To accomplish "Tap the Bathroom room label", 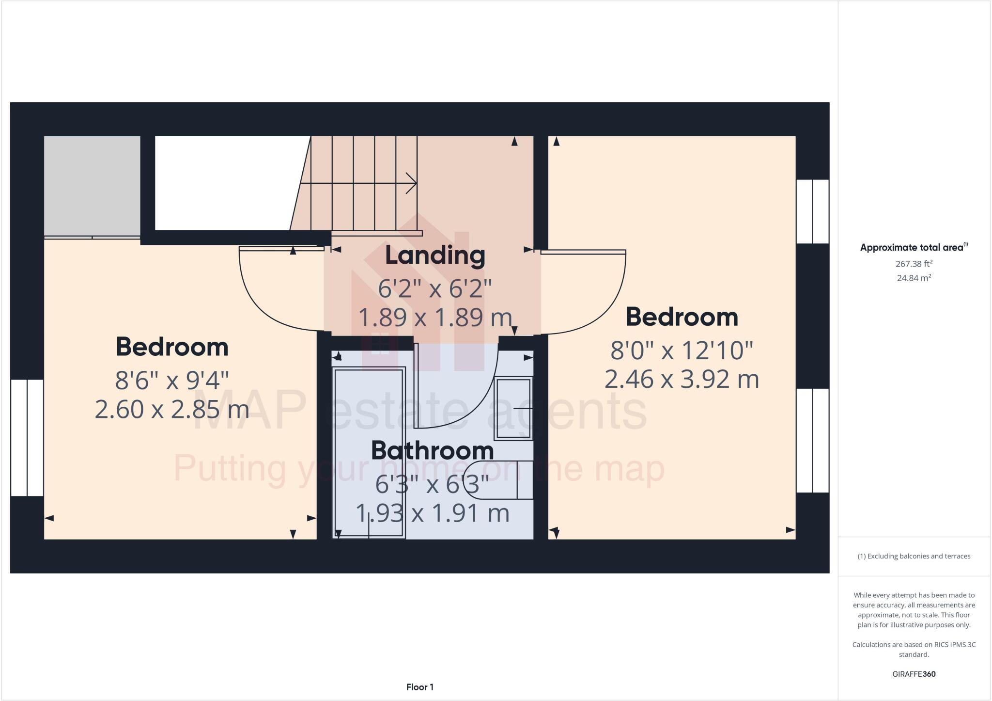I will pyautogui.click(x=432, y=451).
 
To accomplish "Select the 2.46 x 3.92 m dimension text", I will pyautogui.click(x=682, y=379).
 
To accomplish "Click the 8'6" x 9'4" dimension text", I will pyautogui.click(x=172, y=380).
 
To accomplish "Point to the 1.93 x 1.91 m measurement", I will pyautogui.click(x=432, y=513).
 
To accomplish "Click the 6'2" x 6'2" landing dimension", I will pyautogui.click(x=434, y=288).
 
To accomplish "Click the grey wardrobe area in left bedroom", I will pyautogui.click(x=92, y=186).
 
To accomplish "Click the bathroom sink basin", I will pyautogui.click(x=513, y=408).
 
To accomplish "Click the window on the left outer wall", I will pyautogui.click(x=27, y=438).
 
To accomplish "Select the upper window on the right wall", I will pyautogui.click(x=813, y=211).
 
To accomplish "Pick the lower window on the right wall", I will pyautogui.click(x=813, y=440).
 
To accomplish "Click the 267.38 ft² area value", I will pyautogui.click(x=914, y=264).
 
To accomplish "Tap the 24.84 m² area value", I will pyautogui.click(x=914, y=278).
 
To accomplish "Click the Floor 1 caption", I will pyautogui.click(x=419, y=687).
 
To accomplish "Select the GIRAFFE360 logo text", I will pyautogui.click(x=914, y=674).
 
